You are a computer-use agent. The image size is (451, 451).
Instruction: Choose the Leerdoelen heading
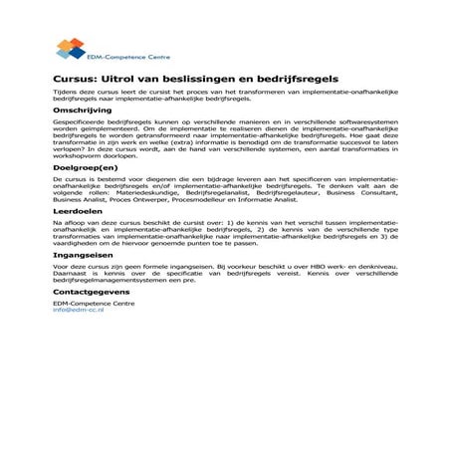80,212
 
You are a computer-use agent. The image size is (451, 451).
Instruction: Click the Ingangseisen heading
85,254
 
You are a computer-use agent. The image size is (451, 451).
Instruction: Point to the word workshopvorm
85,158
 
